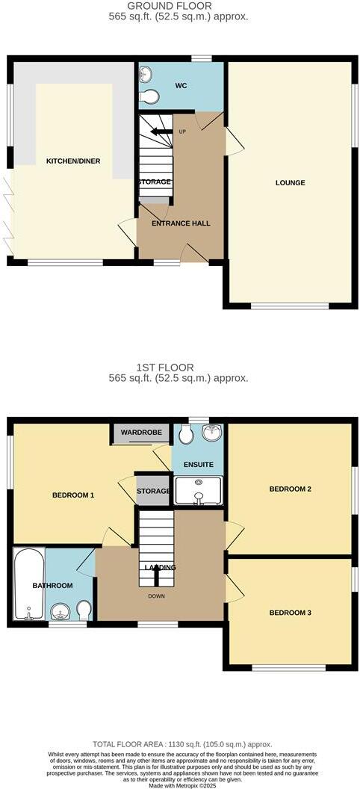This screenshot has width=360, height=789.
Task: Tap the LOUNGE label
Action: pos(290,183)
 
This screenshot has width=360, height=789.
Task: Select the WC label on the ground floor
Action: pos(180,86)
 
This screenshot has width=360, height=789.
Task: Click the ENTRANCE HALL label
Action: pos(181,223)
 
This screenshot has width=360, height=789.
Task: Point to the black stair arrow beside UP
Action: pos(160,132)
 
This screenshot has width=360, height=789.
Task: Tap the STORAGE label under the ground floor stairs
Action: pos(154,182)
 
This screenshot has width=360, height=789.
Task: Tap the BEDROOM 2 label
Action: pos(290,489)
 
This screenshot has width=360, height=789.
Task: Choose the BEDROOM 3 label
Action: pos(290,613)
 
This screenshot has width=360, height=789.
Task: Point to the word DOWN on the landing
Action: pos(157,596)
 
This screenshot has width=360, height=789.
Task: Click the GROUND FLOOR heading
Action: pos(180,6)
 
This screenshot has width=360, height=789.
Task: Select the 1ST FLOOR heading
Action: pos(180,368)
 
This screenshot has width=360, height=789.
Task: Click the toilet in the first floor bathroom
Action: pos(84,609)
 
